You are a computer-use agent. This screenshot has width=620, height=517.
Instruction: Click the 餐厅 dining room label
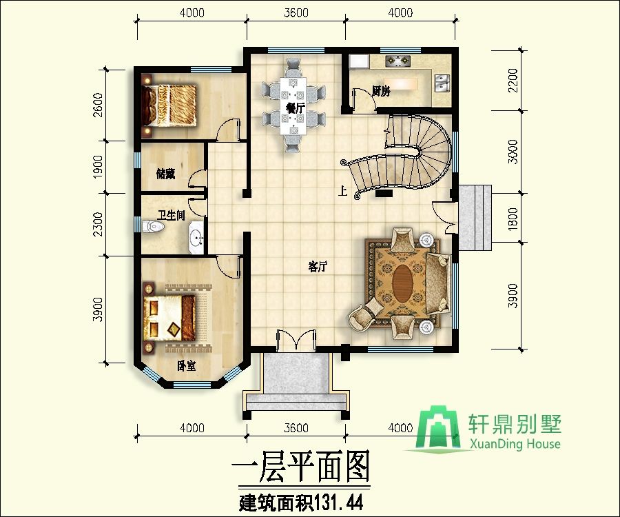point(295,108)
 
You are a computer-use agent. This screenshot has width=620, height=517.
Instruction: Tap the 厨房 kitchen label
point(381,91)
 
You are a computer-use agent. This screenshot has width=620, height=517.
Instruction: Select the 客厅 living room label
point(318,267)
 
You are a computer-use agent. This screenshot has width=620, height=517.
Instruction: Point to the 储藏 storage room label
point(165,174)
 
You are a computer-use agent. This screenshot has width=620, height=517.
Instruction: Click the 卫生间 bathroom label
point(172,215)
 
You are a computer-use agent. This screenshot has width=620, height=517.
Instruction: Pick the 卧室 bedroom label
point(186,366)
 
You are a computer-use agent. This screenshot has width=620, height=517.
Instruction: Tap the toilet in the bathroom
point(153,227)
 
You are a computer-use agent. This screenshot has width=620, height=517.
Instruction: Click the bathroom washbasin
point(196,237)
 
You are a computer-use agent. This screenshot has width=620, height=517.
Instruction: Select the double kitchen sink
point(442,83)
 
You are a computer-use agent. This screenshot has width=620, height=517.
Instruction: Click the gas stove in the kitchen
point(398,61)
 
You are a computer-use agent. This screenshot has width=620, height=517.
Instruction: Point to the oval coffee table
point(403,283)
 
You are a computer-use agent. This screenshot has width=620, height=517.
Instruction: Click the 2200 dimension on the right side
point(513,80)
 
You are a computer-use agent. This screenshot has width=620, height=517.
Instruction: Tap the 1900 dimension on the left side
point(97,167)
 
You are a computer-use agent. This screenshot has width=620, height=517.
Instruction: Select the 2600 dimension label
point(97,105)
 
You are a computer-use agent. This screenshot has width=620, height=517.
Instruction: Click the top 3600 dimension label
point(296,13)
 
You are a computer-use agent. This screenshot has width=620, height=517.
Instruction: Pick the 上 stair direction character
point(342,192)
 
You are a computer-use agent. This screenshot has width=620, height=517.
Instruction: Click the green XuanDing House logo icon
point(438,428)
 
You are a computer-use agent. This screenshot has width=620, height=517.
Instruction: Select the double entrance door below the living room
point(296,339)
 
